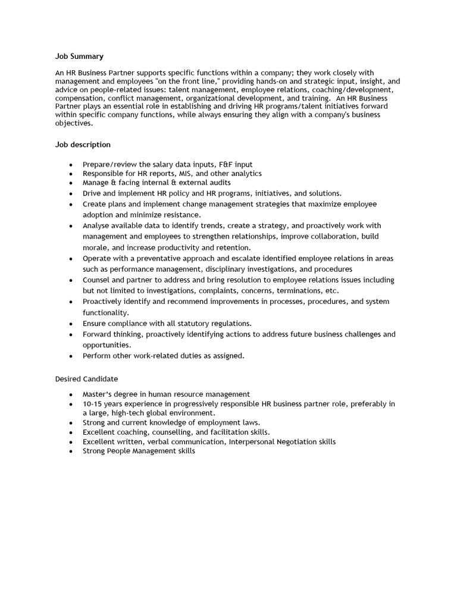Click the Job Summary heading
tap(79, 56)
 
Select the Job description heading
tap(83, 145)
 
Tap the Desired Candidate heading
tap(87, 379)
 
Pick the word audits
tap(219, 183)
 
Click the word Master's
tap(98, 394)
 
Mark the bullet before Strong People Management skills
tap(71, 451)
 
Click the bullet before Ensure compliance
tap(71, 324)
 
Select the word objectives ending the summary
tap(73, 124)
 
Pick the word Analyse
tap(96, 226)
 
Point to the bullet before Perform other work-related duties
tap(71, 356)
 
